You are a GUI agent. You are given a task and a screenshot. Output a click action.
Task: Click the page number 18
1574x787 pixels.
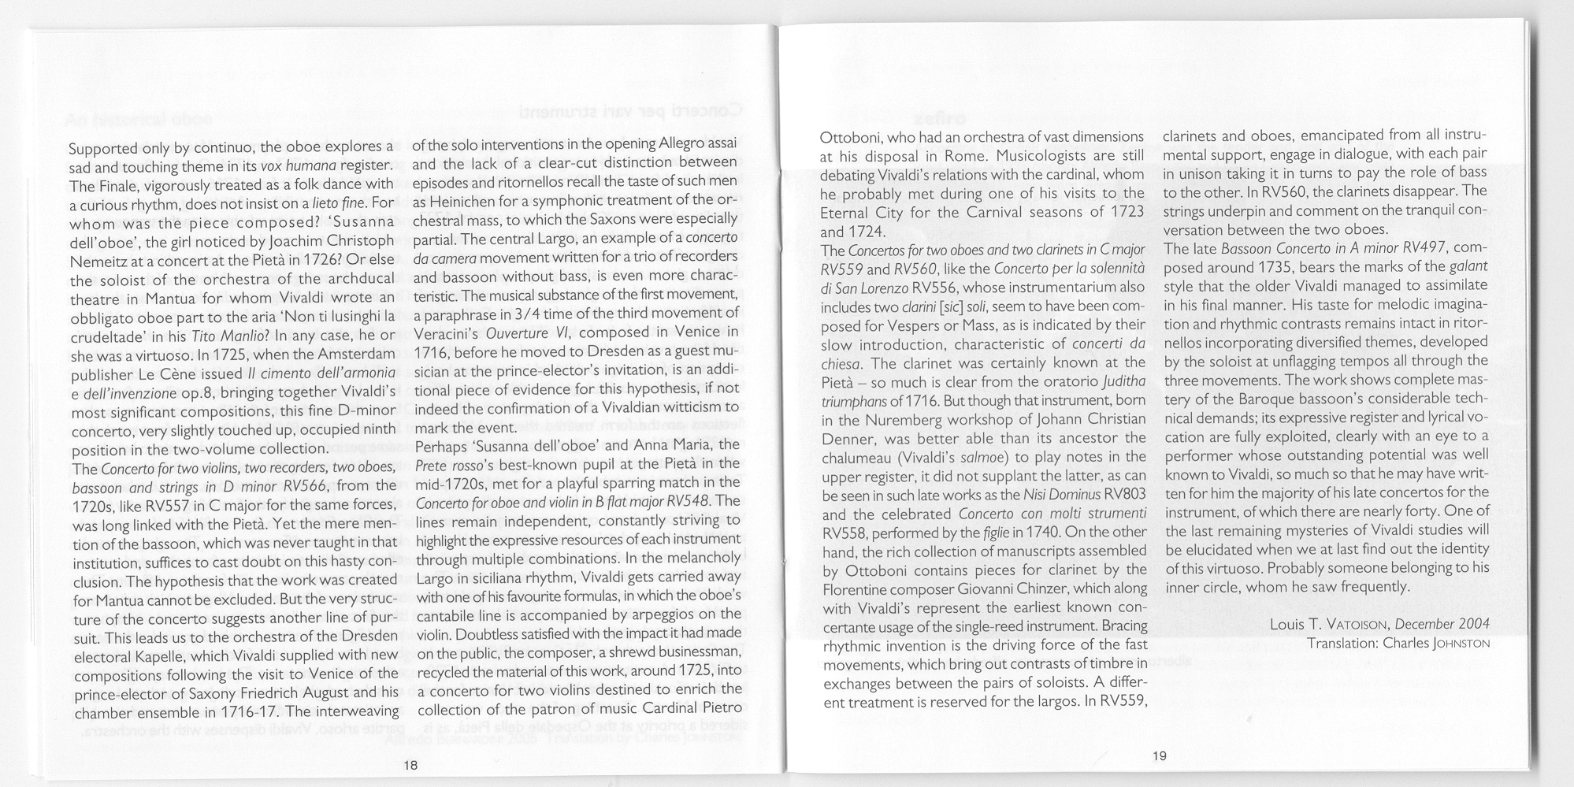tap(410, 765)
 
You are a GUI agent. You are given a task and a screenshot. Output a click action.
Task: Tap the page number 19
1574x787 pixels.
tap(1159, 755)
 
